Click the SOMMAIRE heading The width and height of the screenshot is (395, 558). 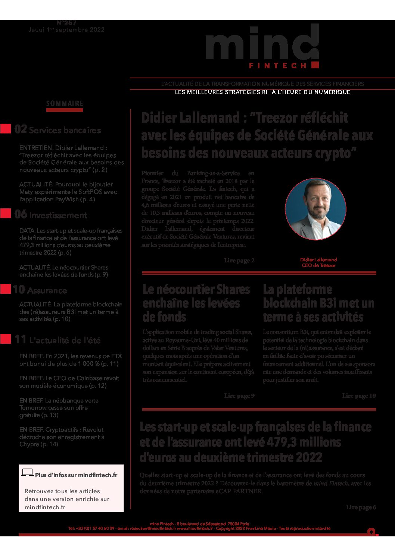[65, 104]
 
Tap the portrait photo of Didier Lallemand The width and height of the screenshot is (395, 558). [315, 208]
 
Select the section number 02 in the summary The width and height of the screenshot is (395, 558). [21, 129]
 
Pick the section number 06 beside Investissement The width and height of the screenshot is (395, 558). [21, 214]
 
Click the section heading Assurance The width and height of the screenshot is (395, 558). [47, 291]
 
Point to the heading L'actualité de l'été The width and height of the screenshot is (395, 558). [65, 340]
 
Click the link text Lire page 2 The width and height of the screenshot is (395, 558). [239, 260]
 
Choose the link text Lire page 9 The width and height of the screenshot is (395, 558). [239, 395]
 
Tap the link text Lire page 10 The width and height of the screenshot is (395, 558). [359, 395]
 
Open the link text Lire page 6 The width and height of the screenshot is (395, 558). [361, 507]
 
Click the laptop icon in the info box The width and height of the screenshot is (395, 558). [27, 473]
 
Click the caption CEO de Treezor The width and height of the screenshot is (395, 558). [318, 265]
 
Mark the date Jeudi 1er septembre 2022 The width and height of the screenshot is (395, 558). [66, 30]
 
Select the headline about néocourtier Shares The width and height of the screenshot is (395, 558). [196, 303]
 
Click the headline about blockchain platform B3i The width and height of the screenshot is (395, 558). [318, 303]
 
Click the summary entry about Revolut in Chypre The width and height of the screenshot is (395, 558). [62, 437]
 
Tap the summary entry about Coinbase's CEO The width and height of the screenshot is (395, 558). [69, 382]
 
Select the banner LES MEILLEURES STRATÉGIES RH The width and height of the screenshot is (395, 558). [262, 92]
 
